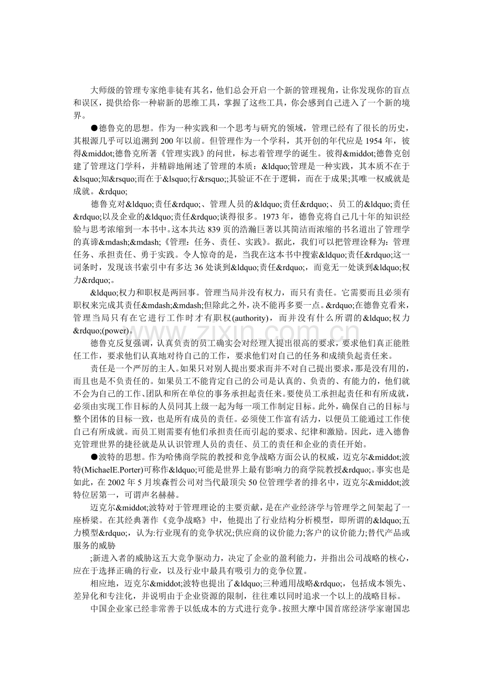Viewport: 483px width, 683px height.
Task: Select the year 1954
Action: click(375, 141)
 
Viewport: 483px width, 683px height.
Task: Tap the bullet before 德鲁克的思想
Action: click(94, 129)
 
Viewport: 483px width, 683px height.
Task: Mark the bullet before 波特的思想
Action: click(94, 455)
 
